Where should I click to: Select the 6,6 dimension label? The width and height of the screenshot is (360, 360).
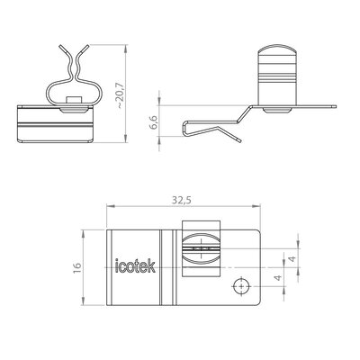tap(154, 121)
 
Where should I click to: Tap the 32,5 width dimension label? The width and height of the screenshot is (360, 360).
tap(182, 200)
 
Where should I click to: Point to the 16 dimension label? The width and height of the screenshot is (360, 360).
tap(76, 267)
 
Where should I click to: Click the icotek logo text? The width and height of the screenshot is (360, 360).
tap(135, 266)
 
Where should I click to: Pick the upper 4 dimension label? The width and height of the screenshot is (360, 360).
tap(292, 258)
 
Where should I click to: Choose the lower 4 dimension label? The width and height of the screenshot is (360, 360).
tap(279, 277)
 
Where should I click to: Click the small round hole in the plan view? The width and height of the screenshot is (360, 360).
tap(241, 286)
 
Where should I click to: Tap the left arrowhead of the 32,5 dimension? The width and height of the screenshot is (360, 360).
tap(110, 206)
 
